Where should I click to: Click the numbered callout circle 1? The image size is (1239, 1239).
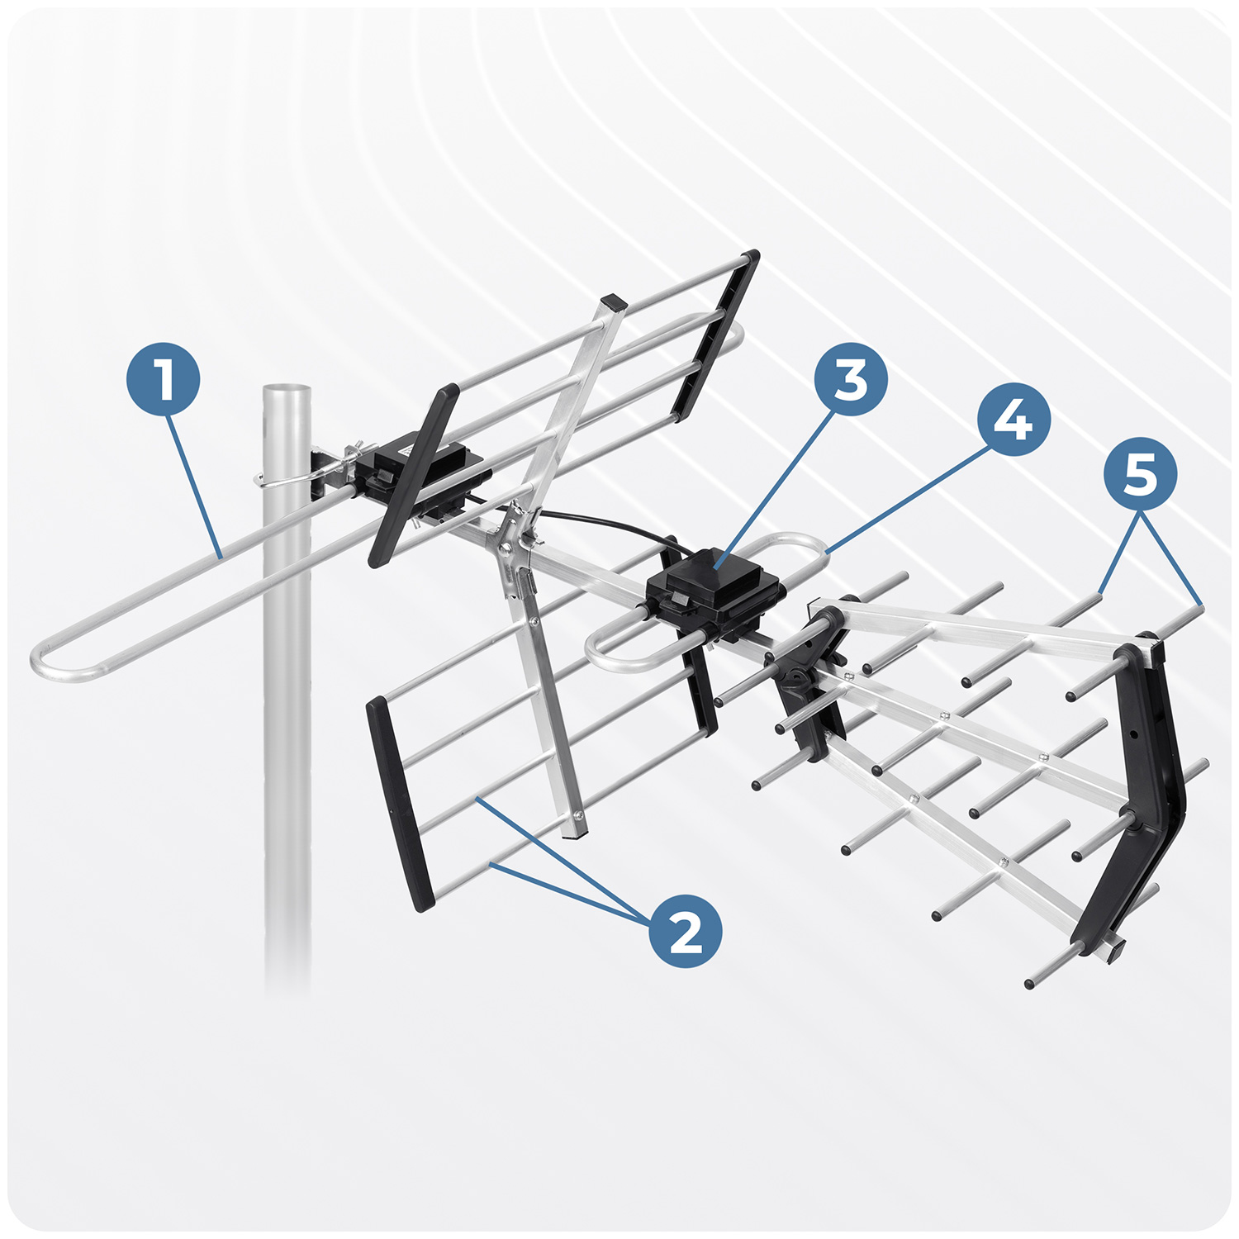163,381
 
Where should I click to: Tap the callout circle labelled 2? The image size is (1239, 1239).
685,931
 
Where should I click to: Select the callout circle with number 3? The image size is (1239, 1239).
851,381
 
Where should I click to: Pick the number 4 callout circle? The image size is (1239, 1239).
1014,420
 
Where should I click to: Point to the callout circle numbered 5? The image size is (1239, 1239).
1141,474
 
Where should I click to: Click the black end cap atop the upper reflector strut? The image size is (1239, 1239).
614,301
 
